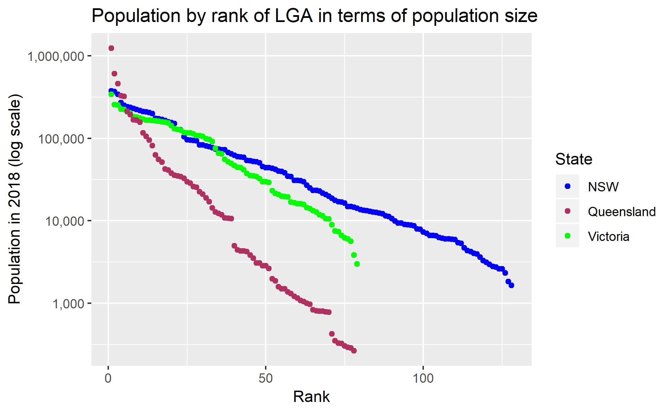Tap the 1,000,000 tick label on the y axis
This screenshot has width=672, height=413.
(55, 56)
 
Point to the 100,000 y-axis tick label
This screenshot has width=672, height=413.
(60, 139)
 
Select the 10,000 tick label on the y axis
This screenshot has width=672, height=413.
(64, 221)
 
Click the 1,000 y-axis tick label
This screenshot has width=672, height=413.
(69, 304)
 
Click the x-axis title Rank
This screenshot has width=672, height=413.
(311, 397)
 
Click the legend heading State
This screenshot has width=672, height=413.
(574, 159)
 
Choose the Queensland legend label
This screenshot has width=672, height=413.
(622, 212)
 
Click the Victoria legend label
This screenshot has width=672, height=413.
(609, 236)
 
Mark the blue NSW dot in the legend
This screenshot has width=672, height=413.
(567, 187)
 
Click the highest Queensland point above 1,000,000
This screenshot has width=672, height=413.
(111, 48)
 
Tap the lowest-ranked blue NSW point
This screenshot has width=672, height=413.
(511, 285)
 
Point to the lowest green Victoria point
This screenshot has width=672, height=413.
(357, 264)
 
